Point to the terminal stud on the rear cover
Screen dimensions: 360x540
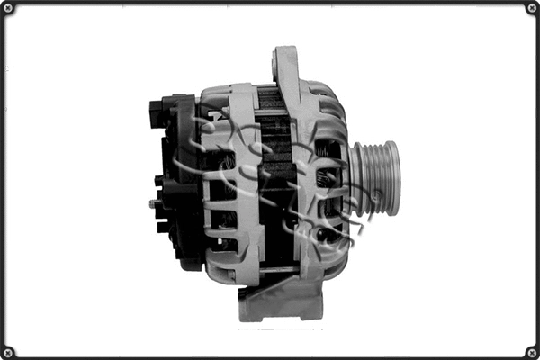pyautogui.click(x=153, y=203)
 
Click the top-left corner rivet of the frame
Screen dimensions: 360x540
pyautogui.click(x=8, y=8)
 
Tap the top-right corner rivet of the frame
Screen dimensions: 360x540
pyautogui.click(x=531, y=8)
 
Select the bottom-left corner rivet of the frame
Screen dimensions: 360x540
pyautogui.click(x=8, y=351)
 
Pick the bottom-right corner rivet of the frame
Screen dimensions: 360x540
pyautogui.click(x=531, y=351)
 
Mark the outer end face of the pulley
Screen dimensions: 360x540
pyautogui.click(x=394, y=176)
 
